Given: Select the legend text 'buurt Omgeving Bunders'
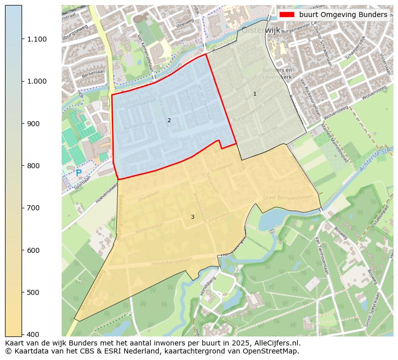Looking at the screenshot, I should (x=343, y=15).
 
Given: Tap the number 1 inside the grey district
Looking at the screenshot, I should (x=255, y=94).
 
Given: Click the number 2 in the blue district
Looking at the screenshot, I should (x=169, y=120).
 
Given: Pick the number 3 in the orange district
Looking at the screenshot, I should (x=192, y=217).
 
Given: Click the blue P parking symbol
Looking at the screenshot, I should (x=79, y=173).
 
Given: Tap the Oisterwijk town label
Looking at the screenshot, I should (x=261, y=31).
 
